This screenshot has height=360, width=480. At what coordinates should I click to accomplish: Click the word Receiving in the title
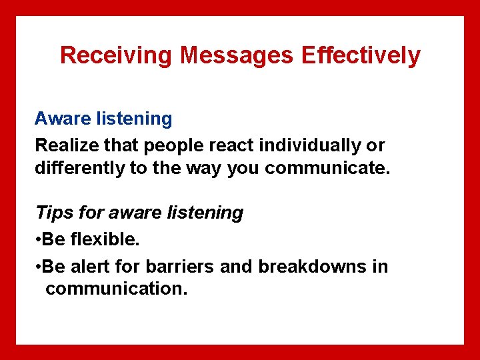tap(117, 55)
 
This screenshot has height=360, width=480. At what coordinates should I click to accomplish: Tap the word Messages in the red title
tap(237, 55)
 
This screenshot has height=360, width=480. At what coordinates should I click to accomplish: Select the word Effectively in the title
tap(361, 55)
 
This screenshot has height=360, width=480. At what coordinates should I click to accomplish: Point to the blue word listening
tap(133, 119)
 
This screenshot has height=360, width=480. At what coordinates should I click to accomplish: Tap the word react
tap(233, 145)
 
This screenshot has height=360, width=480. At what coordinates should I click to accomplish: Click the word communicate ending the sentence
tap(327, 168)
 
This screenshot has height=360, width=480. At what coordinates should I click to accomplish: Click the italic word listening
tap(206, 213)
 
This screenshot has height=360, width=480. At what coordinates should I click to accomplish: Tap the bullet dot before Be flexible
tap(38, 239)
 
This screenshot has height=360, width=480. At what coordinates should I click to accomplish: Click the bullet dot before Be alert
tap(38, 267)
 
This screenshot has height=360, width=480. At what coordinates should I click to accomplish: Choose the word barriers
tap(178, 267)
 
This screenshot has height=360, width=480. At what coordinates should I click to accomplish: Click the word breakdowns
tap(314, 267)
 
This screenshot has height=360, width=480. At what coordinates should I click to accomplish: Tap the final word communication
tap(117, 289)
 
